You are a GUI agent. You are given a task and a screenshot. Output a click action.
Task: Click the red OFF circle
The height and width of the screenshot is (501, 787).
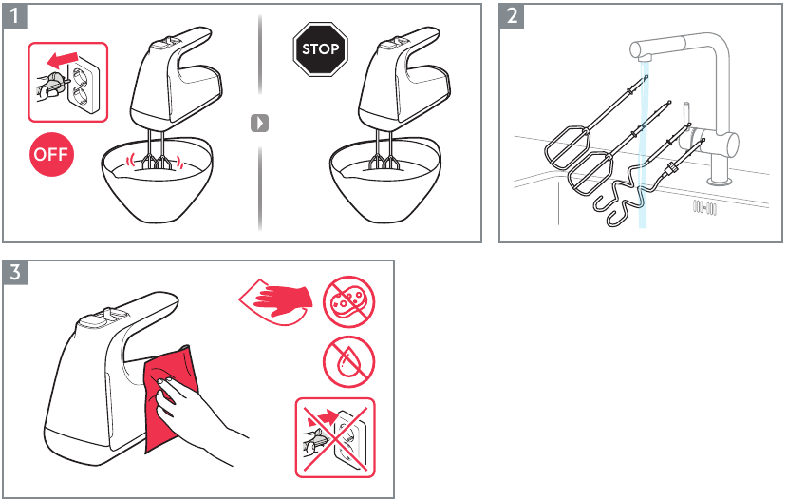point(51,155)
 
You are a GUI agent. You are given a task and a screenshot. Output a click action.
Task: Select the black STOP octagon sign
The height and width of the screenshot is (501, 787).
point(319,49)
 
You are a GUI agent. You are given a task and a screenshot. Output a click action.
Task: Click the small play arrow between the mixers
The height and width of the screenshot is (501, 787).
point(259,123)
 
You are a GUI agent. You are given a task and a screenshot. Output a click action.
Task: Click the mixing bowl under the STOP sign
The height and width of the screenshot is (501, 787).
point(384,185)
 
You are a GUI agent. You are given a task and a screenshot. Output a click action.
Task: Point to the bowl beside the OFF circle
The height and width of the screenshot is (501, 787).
point(156,185)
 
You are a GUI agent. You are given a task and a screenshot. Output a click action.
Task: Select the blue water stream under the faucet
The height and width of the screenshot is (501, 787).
point(644,143)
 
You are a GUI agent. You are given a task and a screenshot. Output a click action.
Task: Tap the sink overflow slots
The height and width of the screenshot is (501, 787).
point(703,206)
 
